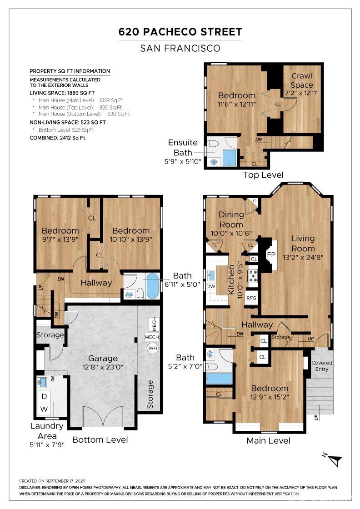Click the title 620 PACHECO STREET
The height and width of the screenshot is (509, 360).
pyautogui.click(x=180, y=32)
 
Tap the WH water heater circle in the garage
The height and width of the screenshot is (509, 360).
pyautogui.click(x=152, y=348)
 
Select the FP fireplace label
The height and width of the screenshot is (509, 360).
pyautogui.click(x=271, y=255)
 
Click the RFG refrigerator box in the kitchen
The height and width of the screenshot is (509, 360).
pyautogui.click(x=251, y=298)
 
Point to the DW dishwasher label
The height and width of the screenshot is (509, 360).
pyautogui.click(x=210, y=286)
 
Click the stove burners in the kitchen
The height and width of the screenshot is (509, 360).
pyautogui.click(x=253, y=276)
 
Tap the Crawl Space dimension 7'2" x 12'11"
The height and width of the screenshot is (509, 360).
pyautogui.click(x=301, y=93)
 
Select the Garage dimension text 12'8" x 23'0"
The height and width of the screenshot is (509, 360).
pyautogui.click(x=103, y=367)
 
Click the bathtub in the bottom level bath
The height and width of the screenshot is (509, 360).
pyautogui.click(x=153, y=286)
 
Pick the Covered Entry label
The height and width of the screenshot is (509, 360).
pyautogui.click(x=322, y=366)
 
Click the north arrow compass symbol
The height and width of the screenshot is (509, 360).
pyautogui.click(x=333, y=459)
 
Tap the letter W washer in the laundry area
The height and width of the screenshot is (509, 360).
pyautogui.click(x=44, y=409)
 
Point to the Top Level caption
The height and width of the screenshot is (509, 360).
pyautogui.click(x=263, y=175)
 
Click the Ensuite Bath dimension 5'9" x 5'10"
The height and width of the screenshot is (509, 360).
pyautogui.click(x=183, y=161)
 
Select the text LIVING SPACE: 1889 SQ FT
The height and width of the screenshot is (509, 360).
pyautogui.click(x=62, y=93)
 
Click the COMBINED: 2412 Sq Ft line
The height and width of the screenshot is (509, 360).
pyautogui.click(x=57, y=138)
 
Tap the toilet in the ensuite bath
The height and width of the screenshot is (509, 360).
pyautogui.click(x=213, y=144)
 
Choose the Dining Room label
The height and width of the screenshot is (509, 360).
pyautogui.click(x=231, y=220)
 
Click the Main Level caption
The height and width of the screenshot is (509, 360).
pyautogui.click(x=269, y=440)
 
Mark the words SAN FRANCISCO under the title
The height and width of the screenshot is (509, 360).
pyautogui.click(x=180, y=48)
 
